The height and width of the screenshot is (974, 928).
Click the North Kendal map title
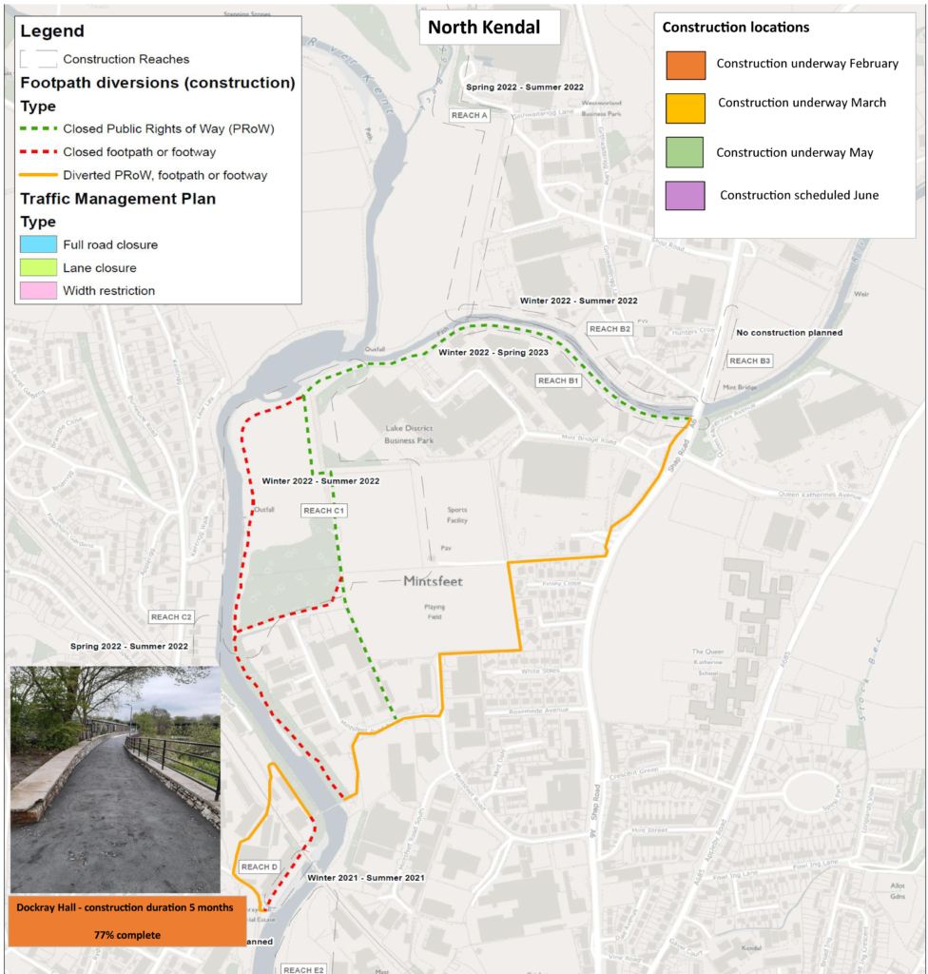click(x=483, y=27)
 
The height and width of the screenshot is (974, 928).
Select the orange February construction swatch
click(x=685, y=65)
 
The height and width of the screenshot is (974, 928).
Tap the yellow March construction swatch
click(x=685, y=108)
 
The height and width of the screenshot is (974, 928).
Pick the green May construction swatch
click(x=685, y=152)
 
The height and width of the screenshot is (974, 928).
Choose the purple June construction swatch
click(x=685, y=195)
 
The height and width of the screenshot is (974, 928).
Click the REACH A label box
click(x=469, y=115)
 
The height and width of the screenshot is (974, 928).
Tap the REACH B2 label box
click(x=609, y=329)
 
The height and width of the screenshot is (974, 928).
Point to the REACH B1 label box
click(x=558, y=380)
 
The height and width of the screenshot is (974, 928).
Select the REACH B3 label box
click(x=749, y=360)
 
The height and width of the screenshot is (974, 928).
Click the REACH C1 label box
click(x=324, y=511)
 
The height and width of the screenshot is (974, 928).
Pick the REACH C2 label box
click(x=171, y=617)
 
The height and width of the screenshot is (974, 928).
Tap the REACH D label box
click(x=259, y=867)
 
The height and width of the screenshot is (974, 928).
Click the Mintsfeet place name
click(x=433, y=580)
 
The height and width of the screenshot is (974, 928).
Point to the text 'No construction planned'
click(x=789, y=333)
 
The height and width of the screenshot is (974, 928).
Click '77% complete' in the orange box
click(x=126, y=935)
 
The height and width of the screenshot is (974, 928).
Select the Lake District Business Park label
click(x=409, y=435)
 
